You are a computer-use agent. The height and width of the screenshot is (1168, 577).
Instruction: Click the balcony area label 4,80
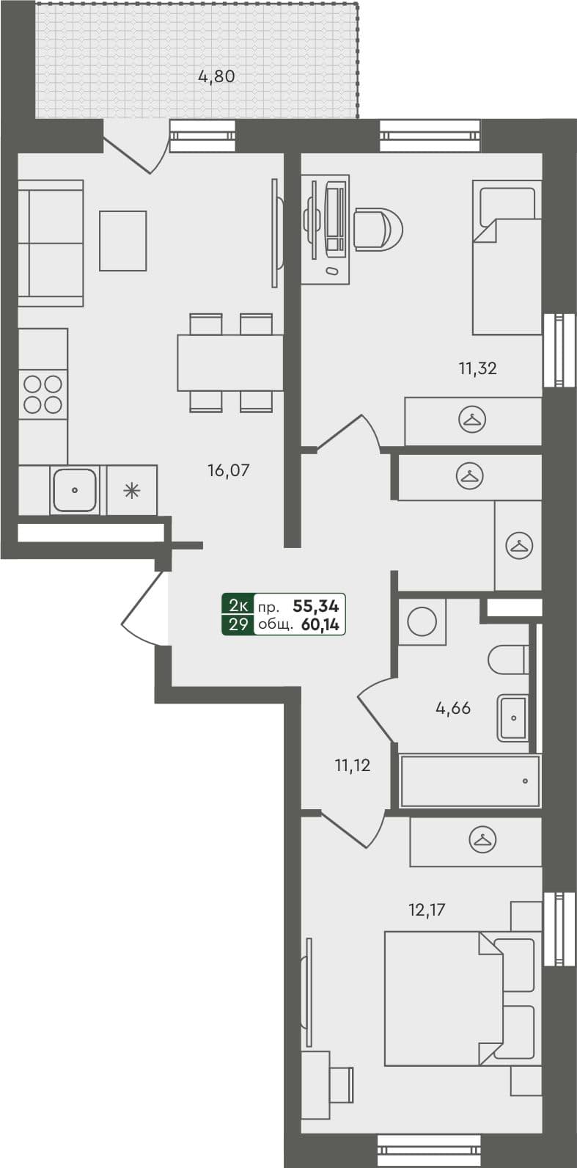(216, 76)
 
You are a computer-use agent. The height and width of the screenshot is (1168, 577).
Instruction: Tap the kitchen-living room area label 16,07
(228, 470)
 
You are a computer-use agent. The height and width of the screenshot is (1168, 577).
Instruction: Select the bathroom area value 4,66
(452, 709)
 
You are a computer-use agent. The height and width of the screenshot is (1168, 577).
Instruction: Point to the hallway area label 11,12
(352, 766)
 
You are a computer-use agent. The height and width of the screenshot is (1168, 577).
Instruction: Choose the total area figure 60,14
(319, 625)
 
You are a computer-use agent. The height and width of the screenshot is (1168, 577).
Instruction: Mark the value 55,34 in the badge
(316, 606)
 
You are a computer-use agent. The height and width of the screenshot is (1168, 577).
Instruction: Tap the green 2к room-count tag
(238, 606)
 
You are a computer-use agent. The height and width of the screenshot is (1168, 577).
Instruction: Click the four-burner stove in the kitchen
(43, 395)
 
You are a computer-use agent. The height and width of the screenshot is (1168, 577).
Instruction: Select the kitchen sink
(74, 489)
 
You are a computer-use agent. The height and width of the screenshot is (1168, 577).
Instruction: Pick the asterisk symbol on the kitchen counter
(131, 490)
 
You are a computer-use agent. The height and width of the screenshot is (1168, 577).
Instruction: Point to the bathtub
(470, 781)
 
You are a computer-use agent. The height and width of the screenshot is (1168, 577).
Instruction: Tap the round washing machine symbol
(422, 622)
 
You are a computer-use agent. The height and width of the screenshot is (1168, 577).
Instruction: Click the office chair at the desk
(378, 229)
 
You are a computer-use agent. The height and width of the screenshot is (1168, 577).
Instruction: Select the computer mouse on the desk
(333, 271)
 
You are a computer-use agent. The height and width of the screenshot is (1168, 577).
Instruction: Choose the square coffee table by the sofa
(123, 241)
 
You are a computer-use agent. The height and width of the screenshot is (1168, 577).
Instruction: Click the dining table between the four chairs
(230, 362)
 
